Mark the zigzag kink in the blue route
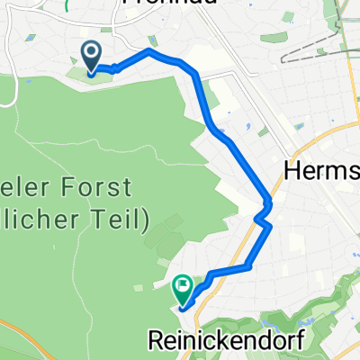click(262, 214)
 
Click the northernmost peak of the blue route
click(149, 51)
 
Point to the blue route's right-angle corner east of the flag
click(248, 266)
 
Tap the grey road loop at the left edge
click(7, 90)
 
